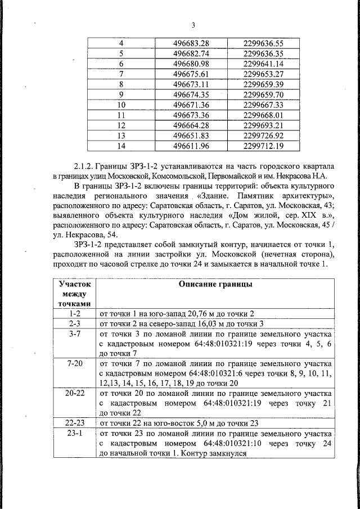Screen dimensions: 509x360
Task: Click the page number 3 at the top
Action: click(x=193, y=25)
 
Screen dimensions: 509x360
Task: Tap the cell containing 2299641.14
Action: click(x=264, y=64)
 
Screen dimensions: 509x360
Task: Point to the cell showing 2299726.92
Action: click(x=264, y=136)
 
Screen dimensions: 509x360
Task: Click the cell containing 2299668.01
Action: click(x=264, y=115)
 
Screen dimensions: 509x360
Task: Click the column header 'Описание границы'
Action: click(x=215, y=285)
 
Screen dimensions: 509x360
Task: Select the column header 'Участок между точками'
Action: click(x=74, y=294)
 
